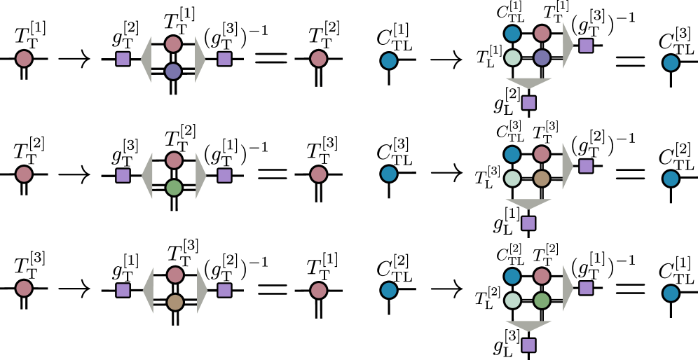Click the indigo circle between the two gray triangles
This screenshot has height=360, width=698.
(173, 71)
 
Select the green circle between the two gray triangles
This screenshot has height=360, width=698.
(174, 188)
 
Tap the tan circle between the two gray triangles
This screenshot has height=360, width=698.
(175, 303)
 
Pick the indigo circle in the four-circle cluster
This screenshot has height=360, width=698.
(542, 57)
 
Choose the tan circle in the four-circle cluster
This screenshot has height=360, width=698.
(542, 179)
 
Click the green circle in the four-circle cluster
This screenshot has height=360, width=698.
(542, 300)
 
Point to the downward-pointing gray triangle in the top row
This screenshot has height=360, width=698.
(528, 83)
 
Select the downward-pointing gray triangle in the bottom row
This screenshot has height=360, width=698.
(528, 326)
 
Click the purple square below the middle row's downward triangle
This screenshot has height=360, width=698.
(528, 223)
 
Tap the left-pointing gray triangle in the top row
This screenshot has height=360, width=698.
(146, 60)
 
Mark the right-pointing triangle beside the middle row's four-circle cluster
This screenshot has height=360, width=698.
(567, 167)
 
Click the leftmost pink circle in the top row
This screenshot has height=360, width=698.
(24, 59)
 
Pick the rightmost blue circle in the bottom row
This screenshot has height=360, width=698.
(671, 293)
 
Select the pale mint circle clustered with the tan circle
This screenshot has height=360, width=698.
(512, 179)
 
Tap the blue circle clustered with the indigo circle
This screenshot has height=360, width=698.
(512, 34)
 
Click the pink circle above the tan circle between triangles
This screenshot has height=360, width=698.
(175, 275)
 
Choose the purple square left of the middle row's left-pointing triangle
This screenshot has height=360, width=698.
(123, 176)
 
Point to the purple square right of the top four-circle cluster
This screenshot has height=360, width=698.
(586, 46)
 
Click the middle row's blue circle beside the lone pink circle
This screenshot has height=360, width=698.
(389, 174)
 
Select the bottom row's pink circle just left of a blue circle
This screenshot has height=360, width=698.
(319, 291)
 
